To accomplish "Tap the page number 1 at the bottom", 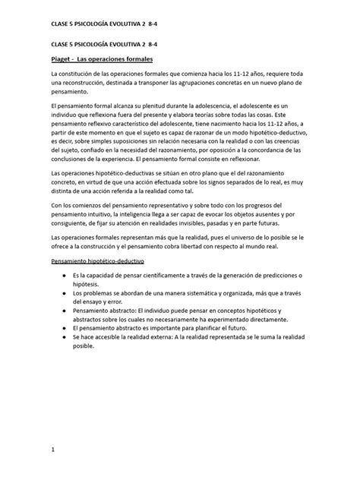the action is click(52, 450).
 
